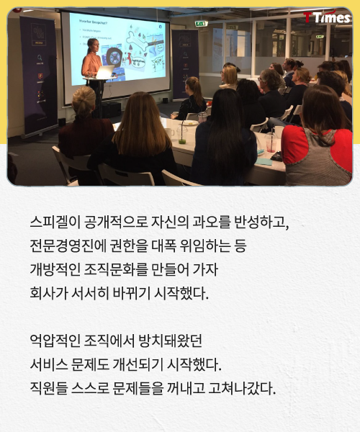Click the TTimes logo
click(x=327, y=17)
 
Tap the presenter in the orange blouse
click(x=91, y=59)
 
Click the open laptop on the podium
click(x=104, y=72)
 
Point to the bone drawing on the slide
click(x=137, y=41)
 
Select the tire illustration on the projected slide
click(x=114, y=59)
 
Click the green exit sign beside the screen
click(x=202, y=24)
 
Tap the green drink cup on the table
click(x=181, y=135)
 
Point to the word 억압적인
click(x=55, y=341)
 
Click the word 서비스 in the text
click(x=49, y=364)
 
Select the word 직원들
click(x=49, y=388)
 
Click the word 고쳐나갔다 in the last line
click(x=242, y=388)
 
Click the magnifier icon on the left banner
click(x=40, y=58)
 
